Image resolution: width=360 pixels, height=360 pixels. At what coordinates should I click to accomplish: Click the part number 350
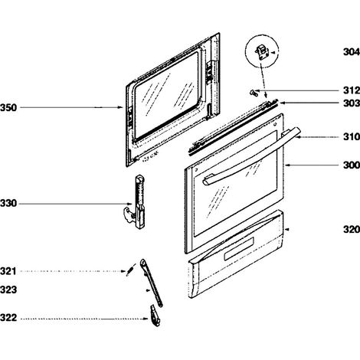(x=8, y=107)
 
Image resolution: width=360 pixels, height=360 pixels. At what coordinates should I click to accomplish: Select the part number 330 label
(x=8, y=204)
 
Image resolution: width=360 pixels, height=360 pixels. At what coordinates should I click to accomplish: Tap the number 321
(x=8, y=271)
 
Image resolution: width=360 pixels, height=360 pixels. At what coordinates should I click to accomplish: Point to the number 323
(x=8, y=290)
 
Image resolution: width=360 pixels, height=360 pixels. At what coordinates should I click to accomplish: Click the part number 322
(x=8, y=318)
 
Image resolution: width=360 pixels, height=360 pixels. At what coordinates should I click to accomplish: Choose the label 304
(x=352, y=52)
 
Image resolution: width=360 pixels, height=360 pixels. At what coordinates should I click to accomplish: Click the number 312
(x=352, y=90)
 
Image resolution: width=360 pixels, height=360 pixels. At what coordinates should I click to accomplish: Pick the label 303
(x=352, y=103)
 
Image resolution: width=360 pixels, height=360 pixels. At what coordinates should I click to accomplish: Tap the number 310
(x=352, y=137)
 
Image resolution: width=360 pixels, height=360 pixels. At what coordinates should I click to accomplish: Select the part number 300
(x=352, y=165)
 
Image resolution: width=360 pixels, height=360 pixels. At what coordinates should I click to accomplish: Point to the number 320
(x=352, y=230)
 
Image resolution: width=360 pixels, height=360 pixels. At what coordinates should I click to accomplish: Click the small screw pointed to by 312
(x=253, y=93)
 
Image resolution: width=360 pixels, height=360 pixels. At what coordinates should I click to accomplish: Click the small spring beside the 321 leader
(x=129, y=270)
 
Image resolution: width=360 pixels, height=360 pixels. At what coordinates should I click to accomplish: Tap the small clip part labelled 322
(x=155, y=316)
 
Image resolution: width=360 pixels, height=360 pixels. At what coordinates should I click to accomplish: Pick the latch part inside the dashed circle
(x=261, y=52)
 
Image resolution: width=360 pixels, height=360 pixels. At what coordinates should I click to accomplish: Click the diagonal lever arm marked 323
(x=152, y=283)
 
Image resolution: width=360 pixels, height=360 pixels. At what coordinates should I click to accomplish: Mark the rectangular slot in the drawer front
(x=239, y=249)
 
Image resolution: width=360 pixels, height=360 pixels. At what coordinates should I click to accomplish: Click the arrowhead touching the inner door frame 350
(x=121, y=107)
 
